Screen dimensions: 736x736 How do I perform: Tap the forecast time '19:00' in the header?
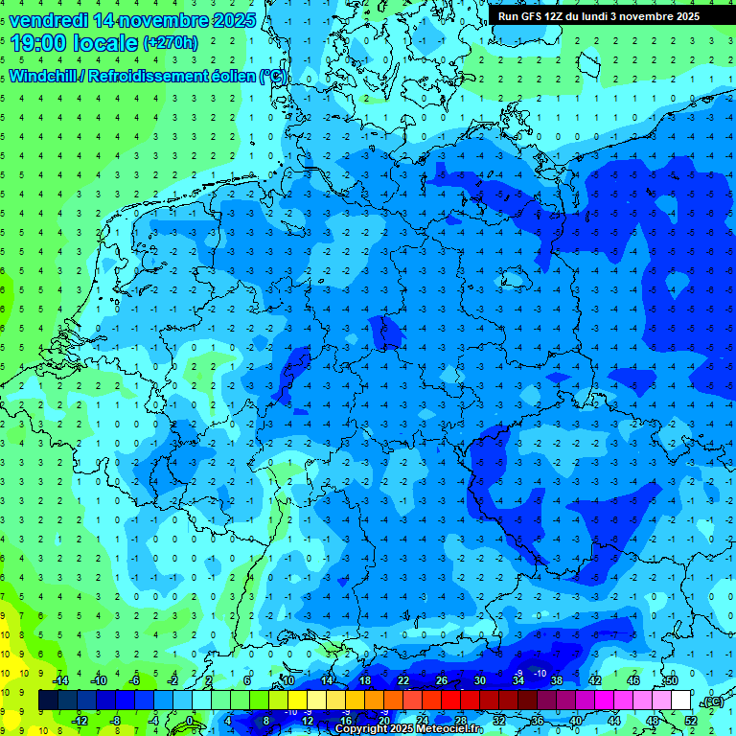pos(39,42)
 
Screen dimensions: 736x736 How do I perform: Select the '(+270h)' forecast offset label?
pos(171,42)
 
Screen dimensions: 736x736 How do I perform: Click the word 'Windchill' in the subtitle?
pos(49,76)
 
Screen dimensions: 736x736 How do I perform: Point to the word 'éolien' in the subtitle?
pos(231,76)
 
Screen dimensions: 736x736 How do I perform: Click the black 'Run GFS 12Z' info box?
pos(598,15)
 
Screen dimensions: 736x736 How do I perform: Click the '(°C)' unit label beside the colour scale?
pos(710,701)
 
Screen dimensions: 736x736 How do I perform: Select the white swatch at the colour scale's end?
pos(681,701)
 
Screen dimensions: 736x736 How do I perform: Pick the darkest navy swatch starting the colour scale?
pos(49,701)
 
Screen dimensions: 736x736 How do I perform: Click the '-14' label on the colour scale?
pos(61,680)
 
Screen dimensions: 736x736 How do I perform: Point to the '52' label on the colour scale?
pos(692,721)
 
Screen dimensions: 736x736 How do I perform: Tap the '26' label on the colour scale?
pos(442,680)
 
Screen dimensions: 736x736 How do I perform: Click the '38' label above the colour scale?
pos(557,680)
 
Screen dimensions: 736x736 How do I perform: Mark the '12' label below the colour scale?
pos(309,721)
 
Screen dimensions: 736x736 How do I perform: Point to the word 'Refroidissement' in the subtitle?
pos(152,76)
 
